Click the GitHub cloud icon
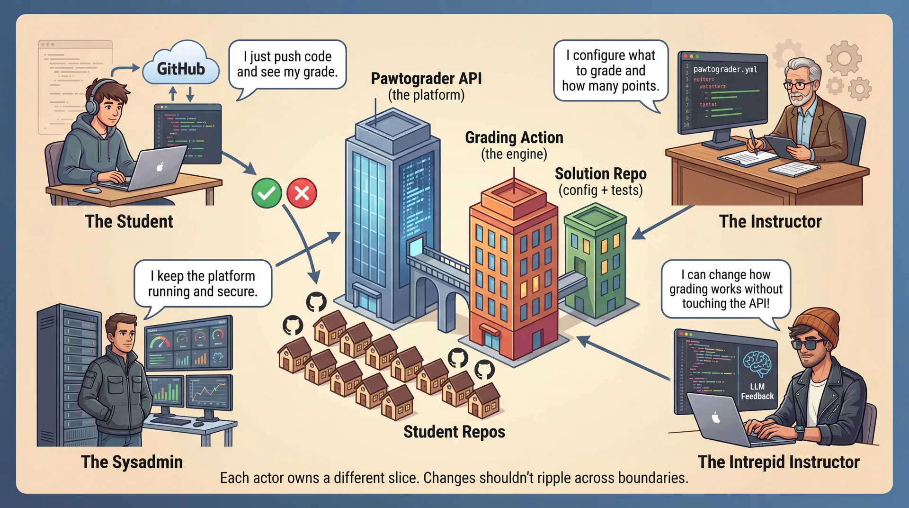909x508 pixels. [181, 69]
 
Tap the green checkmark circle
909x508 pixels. [267, 193]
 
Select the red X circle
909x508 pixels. [302, 193]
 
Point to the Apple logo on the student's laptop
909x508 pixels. [160, 167]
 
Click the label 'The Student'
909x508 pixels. [129, 221]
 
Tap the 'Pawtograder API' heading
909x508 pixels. [426, 79]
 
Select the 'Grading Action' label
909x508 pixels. [514, 137]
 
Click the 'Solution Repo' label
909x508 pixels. [600, 174]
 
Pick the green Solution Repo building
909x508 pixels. [595, 261]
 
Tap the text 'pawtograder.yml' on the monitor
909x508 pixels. [725, 69]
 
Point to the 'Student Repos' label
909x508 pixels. [454, 432]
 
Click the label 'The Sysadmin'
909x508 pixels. [132, 462]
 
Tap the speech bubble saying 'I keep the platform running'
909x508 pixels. [203, 283]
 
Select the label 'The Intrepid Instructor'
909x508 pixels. [778, 462]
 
